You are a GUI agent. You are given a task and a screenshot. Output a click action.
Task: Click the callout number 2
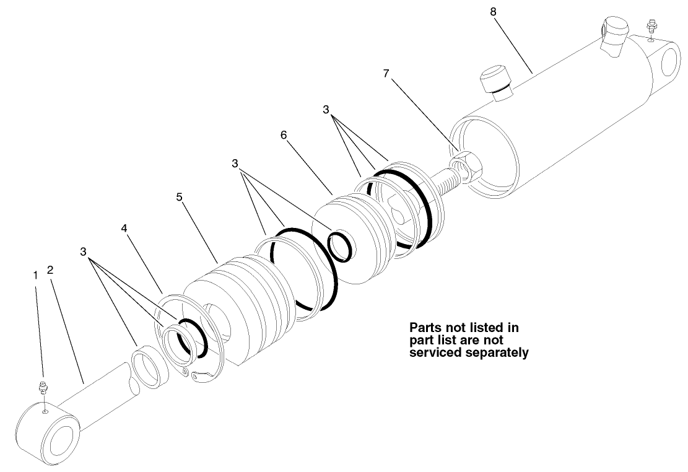point(50,270)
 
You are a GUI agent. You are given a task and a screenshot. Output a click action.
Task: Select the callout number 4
point(124,228)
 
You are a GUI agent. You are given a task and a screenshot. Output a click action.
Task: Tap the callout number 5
point(179,197)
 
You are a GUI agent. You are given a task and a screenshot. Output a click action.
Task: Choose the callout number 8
point(493,12)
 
